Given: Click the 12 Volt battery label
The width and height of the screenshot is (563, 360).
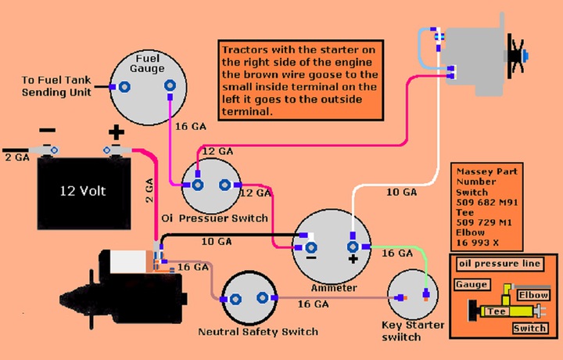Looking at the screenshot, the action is [x=83, y=191].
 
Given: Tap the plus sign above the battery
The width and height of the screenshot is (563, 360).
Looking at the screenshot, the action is [x=117, y=132].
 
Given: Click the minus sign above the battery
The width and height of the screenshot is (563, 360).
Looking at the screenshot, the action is [x=47, y=130].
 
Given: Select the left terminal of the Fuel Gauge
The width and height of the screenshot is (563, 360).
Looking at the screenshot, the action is [x=124, y=87].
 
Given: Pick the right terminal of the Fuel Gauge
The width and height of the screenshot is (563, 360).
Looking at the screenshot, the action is [x=170, y=85].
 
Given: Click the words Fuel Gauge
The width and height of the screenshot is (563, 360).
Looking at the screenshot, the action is [x=147, y=63].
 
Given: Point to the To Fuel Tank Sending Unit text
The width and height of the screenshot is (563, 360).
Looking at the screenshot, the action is [x=56, y=86].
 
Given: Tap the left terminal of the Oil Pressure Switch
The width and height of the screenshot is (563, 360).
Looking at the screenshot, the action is [x=197, y=185].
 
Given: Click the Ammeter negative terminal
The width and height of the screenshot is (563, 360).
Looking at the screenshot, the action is [x=311, y=247].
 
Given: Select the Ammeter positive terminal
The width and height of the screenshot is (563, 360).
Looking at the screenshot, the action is [x=353, y=247].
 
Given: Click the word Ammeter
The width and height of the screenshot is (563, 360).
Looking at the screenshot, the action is [x=334, y=288].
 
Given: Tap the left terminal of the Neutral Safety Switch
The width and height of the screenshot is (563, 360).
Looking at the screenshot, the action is [x=235, y=299].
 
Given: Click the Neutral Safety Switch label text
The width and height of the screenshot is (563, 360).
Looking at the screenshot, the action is [x=258, y=331].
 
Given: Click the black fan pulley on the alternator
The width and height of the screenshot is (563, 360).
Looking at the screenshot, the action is [x=515, y=56].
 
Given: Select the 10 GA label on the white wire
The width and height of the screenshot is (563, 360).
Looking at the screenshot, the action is [x=401, y=193].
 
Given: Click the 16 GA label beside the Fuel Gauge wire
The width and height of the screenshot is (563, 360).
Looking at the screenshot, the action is [x=191, y=127].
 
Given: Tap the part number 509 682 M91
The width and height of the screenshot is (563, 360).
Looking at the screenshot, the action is [x=487, y=202].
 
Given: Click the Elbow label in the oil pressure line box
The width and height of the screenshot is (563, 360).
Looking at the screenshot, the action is [x=533, y=295].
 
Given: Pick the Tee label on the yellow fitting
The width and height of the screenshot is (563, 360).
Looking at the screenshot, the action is [x=497, y=311].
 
